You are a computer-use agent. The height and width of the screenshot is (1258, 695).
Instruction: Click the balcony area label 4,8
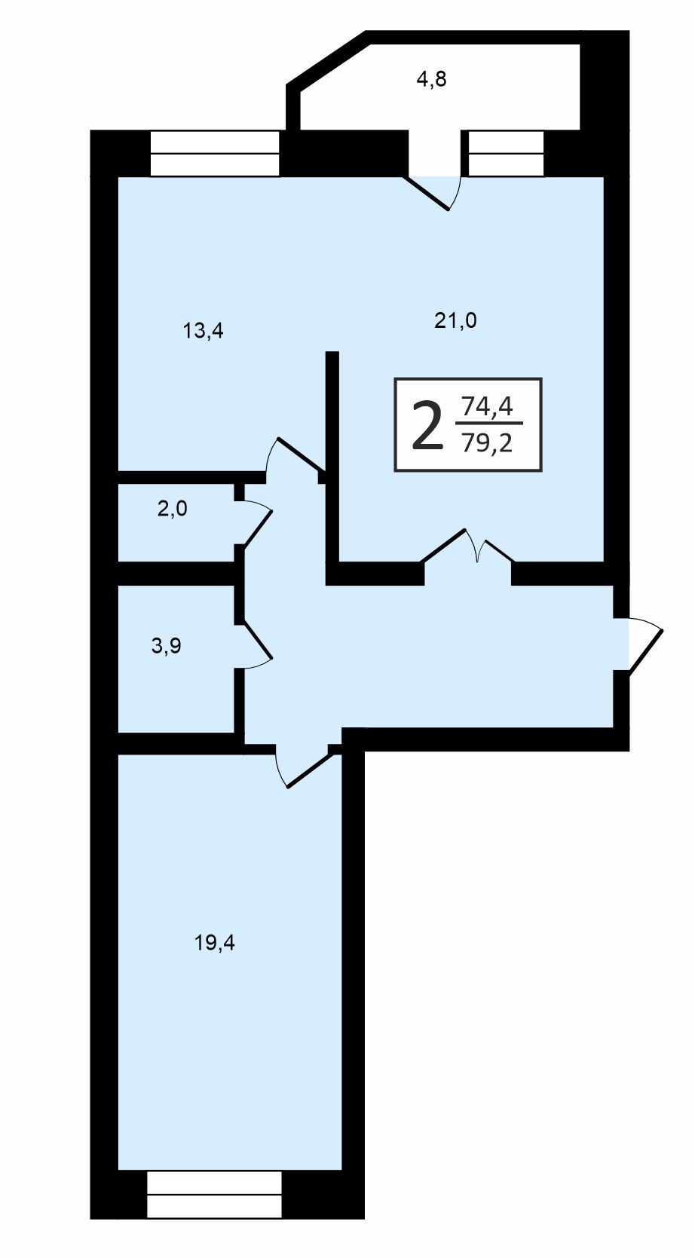click(x=431, y=80)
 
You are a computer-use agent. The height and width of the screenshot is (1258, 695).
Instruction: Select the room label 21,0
click(x=455, y=320)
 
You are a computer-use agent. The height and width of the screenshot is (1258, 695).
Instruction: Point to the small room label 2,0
click(x=173, y=509)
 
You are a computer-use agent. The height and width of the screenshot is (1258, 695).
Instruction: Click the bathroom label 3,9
click(x=167, y=646)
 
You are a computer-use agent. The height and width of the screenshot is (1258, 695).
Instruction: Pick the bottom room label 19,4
click(x=215, y=943)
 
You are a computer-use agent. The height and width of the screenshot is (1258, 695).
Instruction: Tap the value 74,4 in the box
click(x=486, y=406)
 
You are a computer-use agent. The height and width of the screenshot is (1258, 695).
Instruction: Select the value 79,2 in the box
click(x=486, y=444)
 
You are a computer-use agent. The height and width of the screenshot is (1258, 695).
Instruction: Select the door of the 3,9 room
click(x=258, y=646)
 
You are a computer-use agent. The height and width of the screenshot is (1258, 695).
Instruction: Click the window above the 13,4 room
click(x=215, y=153)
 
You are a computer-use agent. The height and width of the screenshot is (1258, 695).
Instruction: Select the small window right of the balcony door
click(x=507, y=153)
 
